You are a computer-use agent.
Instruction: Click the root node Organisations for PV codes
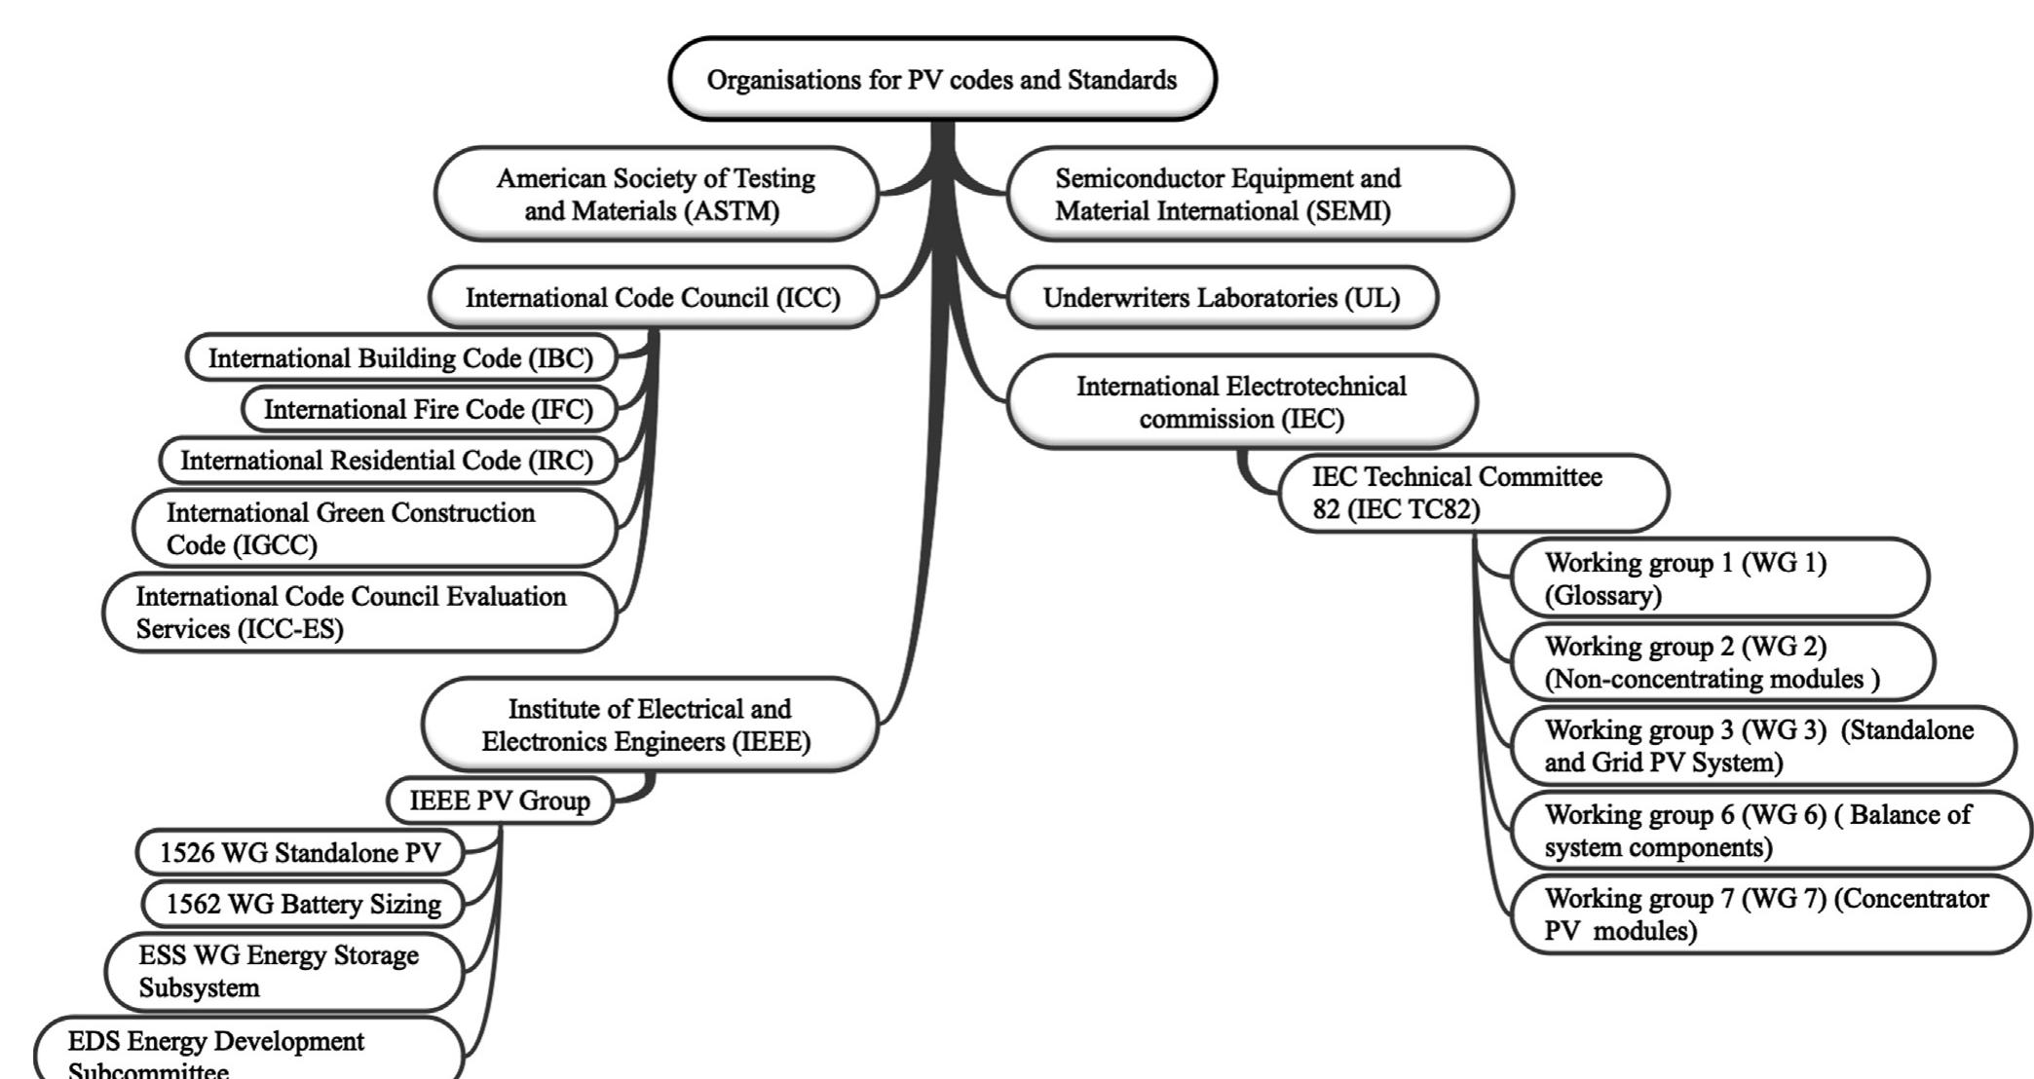click(942, 80)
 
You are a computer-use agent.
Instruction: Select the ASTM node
click(655, 194)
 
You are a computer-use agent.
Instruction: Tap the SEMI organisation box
click(1259, 194)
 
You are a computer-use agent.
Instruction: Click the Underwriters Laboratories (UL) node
click(1222, 298)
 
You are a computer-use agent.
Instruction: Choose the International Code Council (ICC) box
click(653, 298)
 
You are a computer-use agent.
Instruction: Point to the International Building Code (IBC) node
click(400, 358)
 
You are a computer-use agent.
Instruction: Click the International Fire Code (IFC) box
click(429, 409)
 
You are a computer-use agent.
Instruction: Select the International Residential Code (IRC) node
click(387, 461)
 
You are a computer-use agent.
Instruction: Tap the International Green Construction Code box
click(374, 528)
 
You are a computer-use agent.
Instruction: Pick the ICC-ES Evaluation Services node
click(360, 612)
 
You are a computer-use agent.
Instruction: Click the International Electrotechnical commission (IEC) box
click(1241, 402)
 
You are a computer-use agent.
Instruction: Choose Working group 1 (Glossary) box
click(1719, 578)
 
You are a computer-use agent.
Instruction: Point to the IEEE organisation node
click(649, 725)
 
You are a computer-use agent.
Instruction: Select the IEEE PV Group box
click(500, 800)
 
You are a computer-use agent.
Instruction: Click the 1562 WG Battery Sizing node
click(303, 904)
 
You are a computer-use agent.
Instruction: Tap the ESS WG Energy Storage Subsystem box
click(282, 971)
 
